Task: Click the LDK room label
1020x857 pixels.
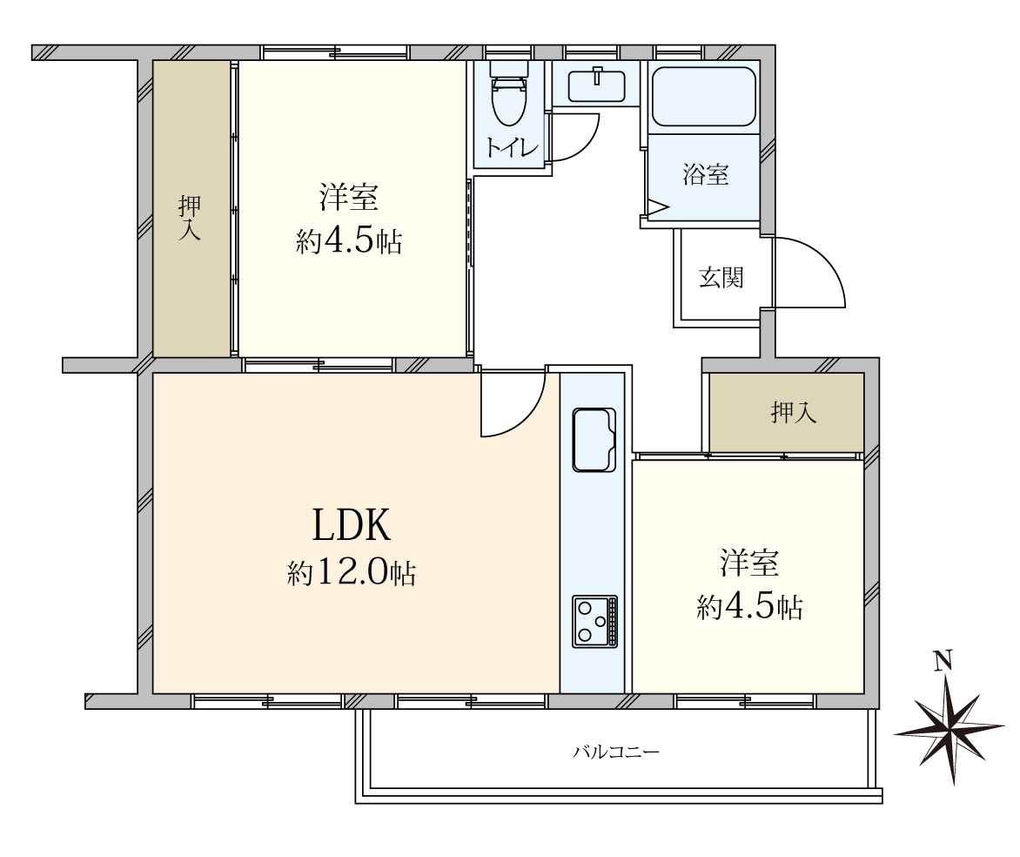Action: [352, 525]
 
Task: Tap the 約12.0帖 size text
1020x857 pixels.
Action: [352, 573]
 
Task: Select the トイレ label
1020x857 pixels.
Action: [511, 148]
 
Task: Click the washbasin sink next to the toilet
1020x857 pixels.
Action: [598, 85]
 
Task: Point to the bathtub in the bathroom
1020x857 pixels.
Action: [703, 96]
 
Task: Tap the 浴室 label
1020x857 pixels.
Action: [705, 174]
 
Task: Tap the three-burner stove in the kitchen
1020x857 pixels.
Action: [594, 621]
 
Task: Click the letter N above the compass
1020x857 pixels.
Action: [942, 662]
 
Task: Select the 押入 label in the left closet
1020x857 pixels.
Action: [190, 218]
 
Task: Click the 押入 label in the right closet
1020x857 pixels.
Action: [794, 413]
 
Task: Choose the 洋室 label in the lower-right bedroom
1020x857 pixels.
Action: [748, 563]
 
